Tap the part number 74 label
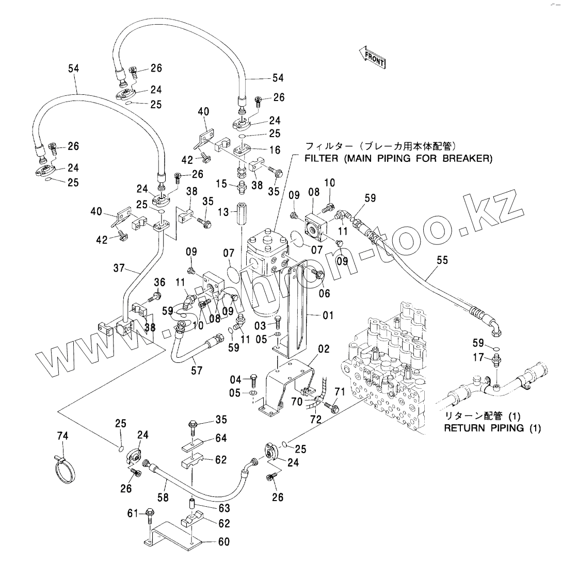pos(62,437)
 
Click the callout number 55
pos(442,262)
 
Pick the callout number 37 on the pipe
pos(120,268)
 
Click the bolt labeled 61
pos(150,514)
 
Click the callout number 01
pos(328,315)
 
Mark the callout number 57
pos(196,370)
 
